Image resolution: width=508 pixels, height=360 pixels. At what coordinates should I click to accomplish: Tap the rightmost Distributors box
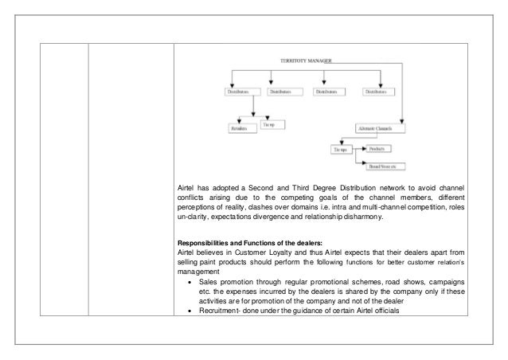(x=380, y=92)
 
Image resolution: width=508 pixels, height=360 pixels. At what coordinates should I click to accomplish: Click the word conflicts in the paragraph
(x=195, y=199)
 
